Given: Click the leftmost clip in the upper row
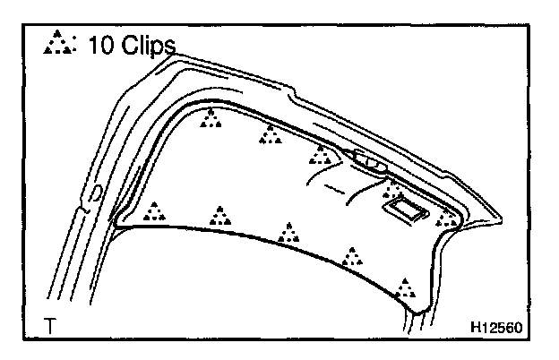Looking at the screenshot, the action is pyautogui.click(x=211, y=118).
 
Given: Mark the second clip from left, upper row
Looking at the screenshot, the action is pyautogui.click(x=270, y=135).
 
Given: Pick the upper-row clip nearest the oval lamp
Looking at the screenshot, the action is pyautogui.click(x=320, y=156).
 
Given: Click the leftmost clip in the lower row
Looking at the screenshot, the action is pyautogui.click(x=155, y=211).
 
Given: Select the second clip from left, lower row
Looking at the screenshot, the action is pyautogui.click(x=219, y=216).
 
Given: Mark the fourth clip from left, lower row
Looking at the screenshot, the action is pyautogui.click(x=353, y=258).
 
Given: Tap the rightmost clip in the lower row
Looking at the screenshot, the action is pyautogui.click(x=406, y=288).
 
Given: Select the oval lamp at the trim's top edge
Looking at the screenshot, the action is pyautogui.click(x=369, y=163).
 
